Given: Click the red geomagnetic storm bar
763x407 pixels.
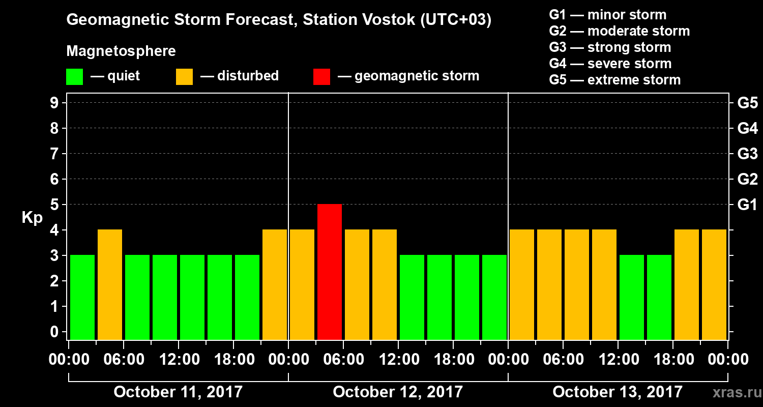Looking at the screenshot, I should (x=330, y=272).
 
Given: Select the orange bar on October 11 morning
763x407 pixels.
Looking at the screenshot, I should (x=110, y=284).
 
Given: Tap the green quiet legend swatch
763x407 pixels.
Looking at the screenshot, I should (x=74, y=77).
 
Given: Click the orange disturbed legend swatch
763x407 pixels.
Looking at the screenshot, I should (x=184, y=77).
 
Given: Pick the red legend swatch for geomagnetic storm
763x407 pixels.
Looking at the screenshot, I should (x=321, y=77).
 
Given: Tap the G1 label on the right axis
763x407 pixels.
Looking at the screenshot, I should (x=747, y=205).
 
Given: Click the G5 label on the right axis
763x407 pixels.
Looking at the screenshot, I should (x=747, y=103).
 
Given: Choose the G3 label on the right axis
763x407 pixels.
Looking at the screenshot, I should (x=747, y=154).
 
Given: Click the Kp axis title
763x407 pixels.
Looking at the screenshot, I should (x=32, y=218).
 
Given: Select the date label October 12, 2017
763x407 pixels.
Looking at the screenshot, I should (x=398, y=392).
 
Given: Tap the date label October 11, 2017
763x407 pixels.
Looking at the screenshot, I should (x=178, y=392).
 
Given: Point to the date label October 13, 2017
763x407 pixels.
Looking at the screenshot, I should (x=618, y=392).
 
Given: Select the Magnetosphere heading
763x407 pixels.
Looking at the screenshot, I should (x=121, y=51).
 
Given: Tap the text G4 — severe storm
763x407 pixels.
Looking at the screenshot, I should (x=610, y=64).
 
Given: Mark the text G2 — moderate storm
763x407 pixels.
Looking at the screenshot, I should (x=620, y=31).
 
